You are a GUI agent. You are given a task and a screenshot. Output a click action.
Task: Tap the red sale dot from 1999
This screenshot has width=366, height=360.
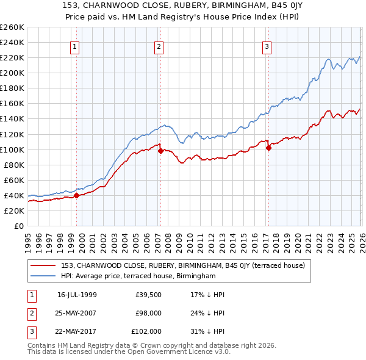pyautogui.click(x=77, y=195)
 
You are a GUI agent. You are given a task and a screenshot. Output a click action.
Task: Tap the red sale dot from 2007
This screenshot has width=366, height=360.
pyautogui.click(x=160, y=151)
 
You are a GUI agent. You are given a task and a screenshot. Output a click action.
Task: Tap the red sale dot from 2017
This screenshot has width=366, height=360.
pyautogui.click(x=268, y=148)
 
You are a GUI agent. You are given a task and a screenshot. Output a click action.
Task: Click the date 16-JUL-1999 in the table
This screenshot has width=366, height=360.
pyautogui.click(x=77, y=295)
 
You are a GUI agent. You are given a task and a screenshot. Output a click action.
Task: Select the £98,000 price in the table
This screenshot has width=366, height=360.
pyautogui.click(x=148, y=313)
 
